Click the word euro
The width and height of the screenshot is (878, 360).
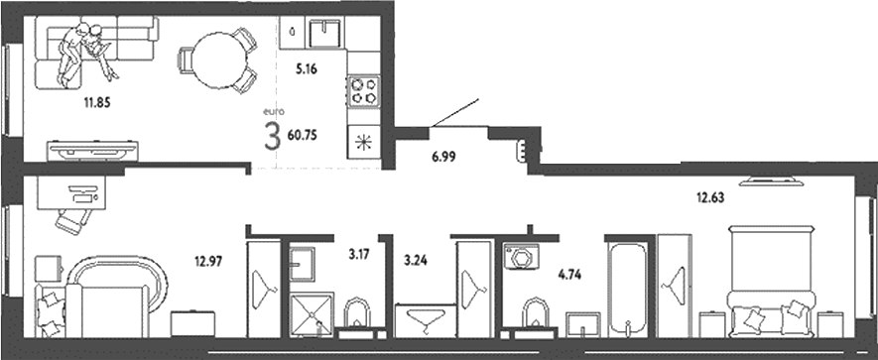coord(271,113)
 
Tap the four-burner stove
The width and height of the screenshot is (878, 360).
coord(363,91)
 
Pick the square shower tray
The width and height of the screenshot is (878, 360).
coord(314,315)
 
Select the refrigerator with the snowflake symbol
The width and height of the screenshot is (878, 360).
coord(362,141)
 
